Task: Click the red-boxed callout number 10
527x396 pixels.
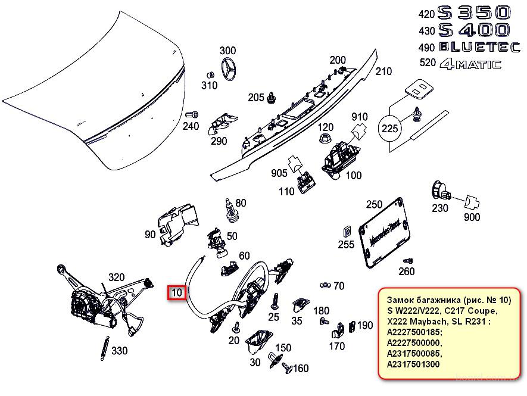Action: tap(177, 292)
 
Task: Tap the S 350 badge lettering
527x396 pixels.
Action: tap(473, 13)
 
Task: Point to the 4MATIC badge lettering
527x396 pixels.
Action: tap(470, 65)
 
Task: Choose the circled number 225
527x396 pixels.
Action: tap(390, 127)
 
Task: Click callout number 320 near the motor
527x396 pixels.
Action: tap(116, 277)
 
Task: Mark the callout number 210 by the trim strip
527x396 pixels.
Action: tap(383, 71)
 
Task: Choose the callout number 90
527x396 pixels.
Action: tap(150, 235)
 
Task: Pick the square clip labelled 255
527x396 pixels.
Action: tap(346, 231)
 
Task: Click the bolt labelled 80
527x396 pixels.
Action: tap(229, 208)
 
